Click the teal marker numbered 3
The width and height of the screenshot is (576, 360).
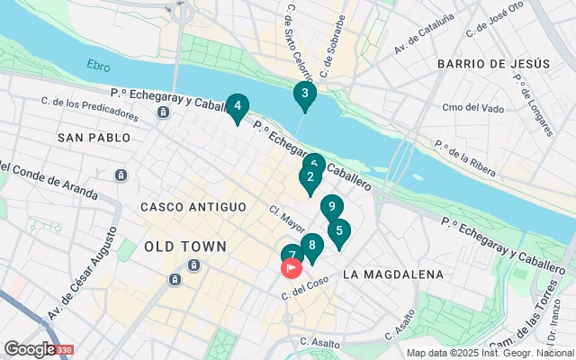[305, 94]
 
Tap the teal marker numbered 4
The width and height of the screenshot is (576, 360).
[237, 107]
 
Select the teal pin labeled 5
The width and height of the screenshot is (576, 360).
[338, 231]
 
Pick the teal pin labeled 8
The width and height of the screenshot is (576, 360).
[312, 246]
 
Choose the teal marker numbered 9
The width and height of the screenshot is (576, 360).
[332, 207]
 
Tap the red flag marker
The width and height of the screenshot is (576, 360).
[292, 267]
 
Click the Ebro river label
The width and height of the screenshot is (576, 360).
[97, 65]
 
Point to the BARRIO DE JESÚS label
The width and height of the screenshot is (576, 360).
[492, 64]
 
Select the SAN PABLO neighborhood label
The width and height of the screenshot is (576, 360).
[94, 138]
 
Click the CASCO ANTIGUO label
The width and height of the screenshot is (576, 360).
[193, 207]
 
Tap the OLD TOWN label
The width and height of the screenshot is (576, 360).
[184, 246]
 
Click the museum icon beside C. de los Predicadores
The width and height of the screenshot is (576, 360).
[163, 112]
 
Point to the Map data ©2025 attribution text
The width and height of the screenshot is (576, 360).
[490, 353]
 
